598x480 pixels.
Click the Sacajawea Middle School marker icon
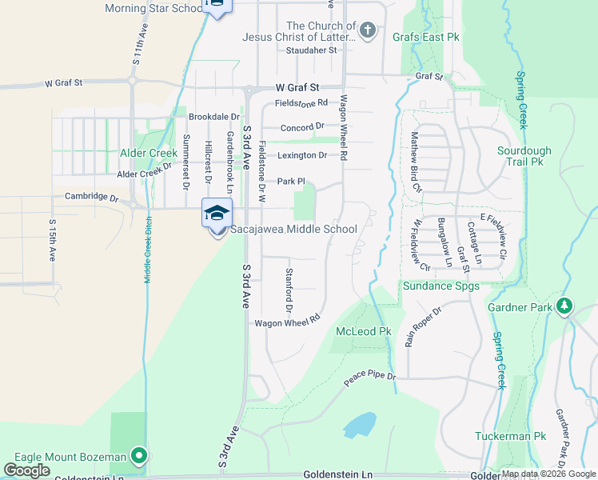click(217, 214)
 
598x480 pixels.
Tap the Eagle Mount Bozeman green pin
click(139, 457)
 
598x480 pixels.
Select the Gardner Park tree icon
click(564, 306)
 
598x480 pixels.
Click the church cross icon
click(367, 31)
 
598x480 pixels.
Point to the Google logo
click(27, 470)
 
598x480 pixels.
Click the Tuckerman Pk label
click(521, 436)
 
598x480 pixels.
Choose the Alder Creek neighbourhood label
click(148, 152)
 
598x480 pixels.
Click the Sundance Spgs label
click(441, 286)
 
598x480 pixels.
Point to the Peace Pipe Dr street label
click(369, 376)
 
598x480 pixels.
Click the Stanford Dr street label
click(289, 289)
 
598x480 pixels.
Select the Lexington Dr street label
click(302, 155)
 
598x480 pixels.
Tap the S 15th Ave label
click(52, 240)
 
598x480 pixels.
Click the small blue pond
click(361, 423)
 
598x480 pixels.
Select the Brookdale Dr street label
click(213, 117)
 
